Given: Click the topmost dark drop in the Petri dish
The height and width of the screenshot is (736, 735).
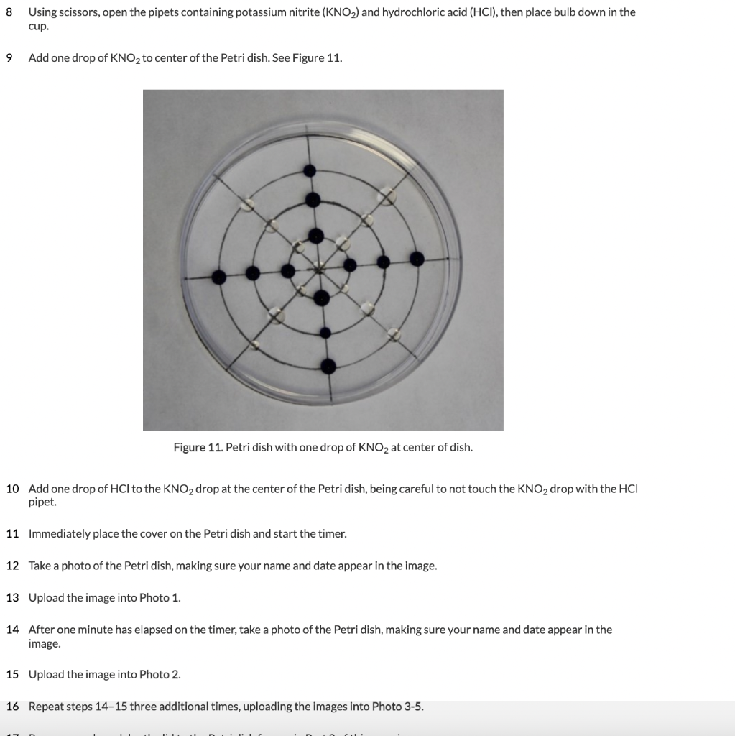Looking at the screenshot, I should (310, 170).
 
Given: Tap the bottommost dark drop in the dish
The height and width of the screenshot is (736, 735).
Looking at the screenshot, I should (328, 366).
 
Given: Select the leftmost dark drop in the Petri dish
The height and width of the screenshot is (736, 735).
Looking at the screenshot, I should (219, 277).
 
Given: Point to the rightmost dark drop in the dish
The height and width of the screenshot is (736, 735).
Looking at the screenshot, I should (416, 257).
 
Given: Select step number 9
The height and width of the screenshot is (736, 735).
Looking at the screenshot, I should (9, 57).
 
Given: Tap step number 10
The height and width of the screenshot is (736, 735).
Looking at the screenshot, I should (12, 489).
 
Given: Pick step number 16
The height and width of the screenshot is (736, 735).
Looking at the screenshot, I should (12, 707).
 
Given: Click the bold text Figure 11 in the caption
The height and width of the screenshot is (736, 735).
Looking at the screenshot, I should (198, 448).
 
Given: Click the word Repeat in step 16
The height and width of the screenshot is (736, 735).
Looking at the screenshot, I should (45, 707).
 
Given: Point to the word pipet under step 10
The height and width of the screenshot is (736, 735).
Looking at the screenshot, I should (42, 502).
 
